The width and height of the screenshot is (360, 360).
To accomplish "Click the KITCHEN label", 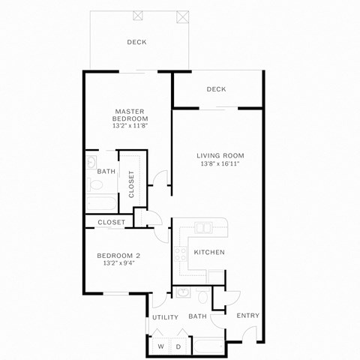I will coord(209,252).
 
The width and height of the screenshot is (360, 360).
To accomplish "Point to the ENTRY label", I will coord(248,316).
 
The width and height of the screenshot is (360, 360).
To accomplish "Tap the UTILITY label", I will coord(165,317).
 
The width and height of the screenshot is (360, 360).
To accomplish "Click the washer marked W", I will coord(161,346).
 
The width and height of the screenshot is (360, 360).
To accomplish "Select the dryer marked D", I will coord(178,346).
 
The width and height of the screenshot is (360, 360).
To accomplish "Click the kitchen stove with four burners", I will coord(180,254).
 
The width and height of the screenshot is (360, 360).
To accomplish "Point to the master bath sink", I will coord(91,162).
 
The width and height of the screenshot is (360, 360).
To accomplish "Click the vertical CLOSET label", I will coord(132,184).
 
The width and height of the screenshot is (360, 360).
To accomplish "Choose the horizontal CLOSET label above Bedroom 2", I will coord(112,222).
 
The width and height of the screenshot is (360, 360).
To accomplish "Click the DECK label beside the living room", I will coord(216,89).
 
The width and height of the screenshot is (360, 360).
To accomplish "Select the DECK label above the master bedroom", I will coord(136,42).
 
